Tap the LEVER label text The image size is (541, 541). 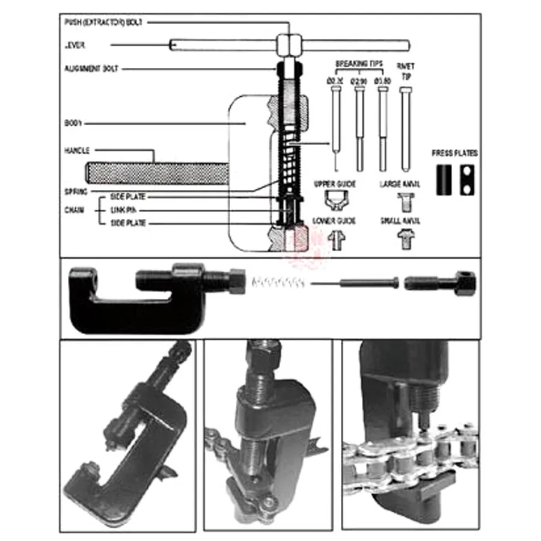click(75, 45)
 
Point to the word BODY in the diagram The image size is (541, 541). click(73, 123)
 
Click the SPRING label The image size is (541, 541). click(76, 191)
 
